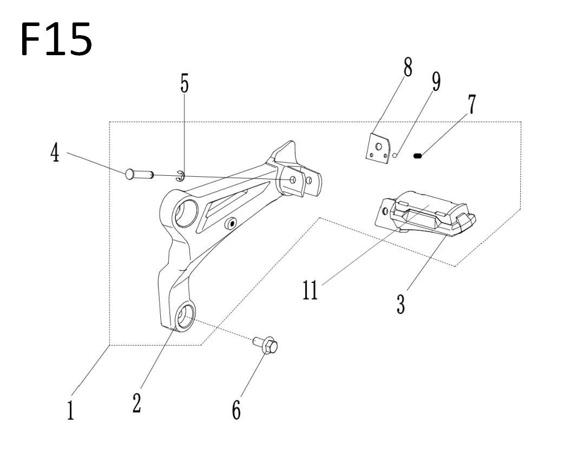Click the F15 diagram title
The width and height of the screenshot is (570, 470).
(56, 39)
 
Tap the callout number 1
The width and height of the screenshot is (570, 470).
(71, 409)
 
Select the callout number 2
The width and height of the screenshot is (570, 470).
(137, 402)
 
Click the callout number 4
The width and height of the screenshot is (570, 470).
(55, 152)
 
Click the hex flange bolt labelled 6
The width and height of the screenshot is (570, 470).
(266, 345)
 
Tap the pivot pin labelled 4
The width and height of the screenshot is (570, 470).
(140, 174)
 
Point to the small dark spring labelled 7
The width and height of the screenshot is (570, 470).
(418, 156)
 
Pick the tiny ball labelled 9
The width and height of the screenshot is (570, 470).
(395, 156)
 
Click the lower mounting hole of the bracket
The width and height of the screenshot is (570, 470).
(185, 317)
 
